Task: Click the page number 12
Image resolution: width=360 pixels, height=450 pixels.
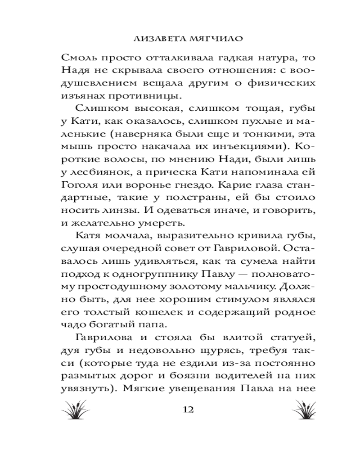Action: [x=188, y=410]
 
